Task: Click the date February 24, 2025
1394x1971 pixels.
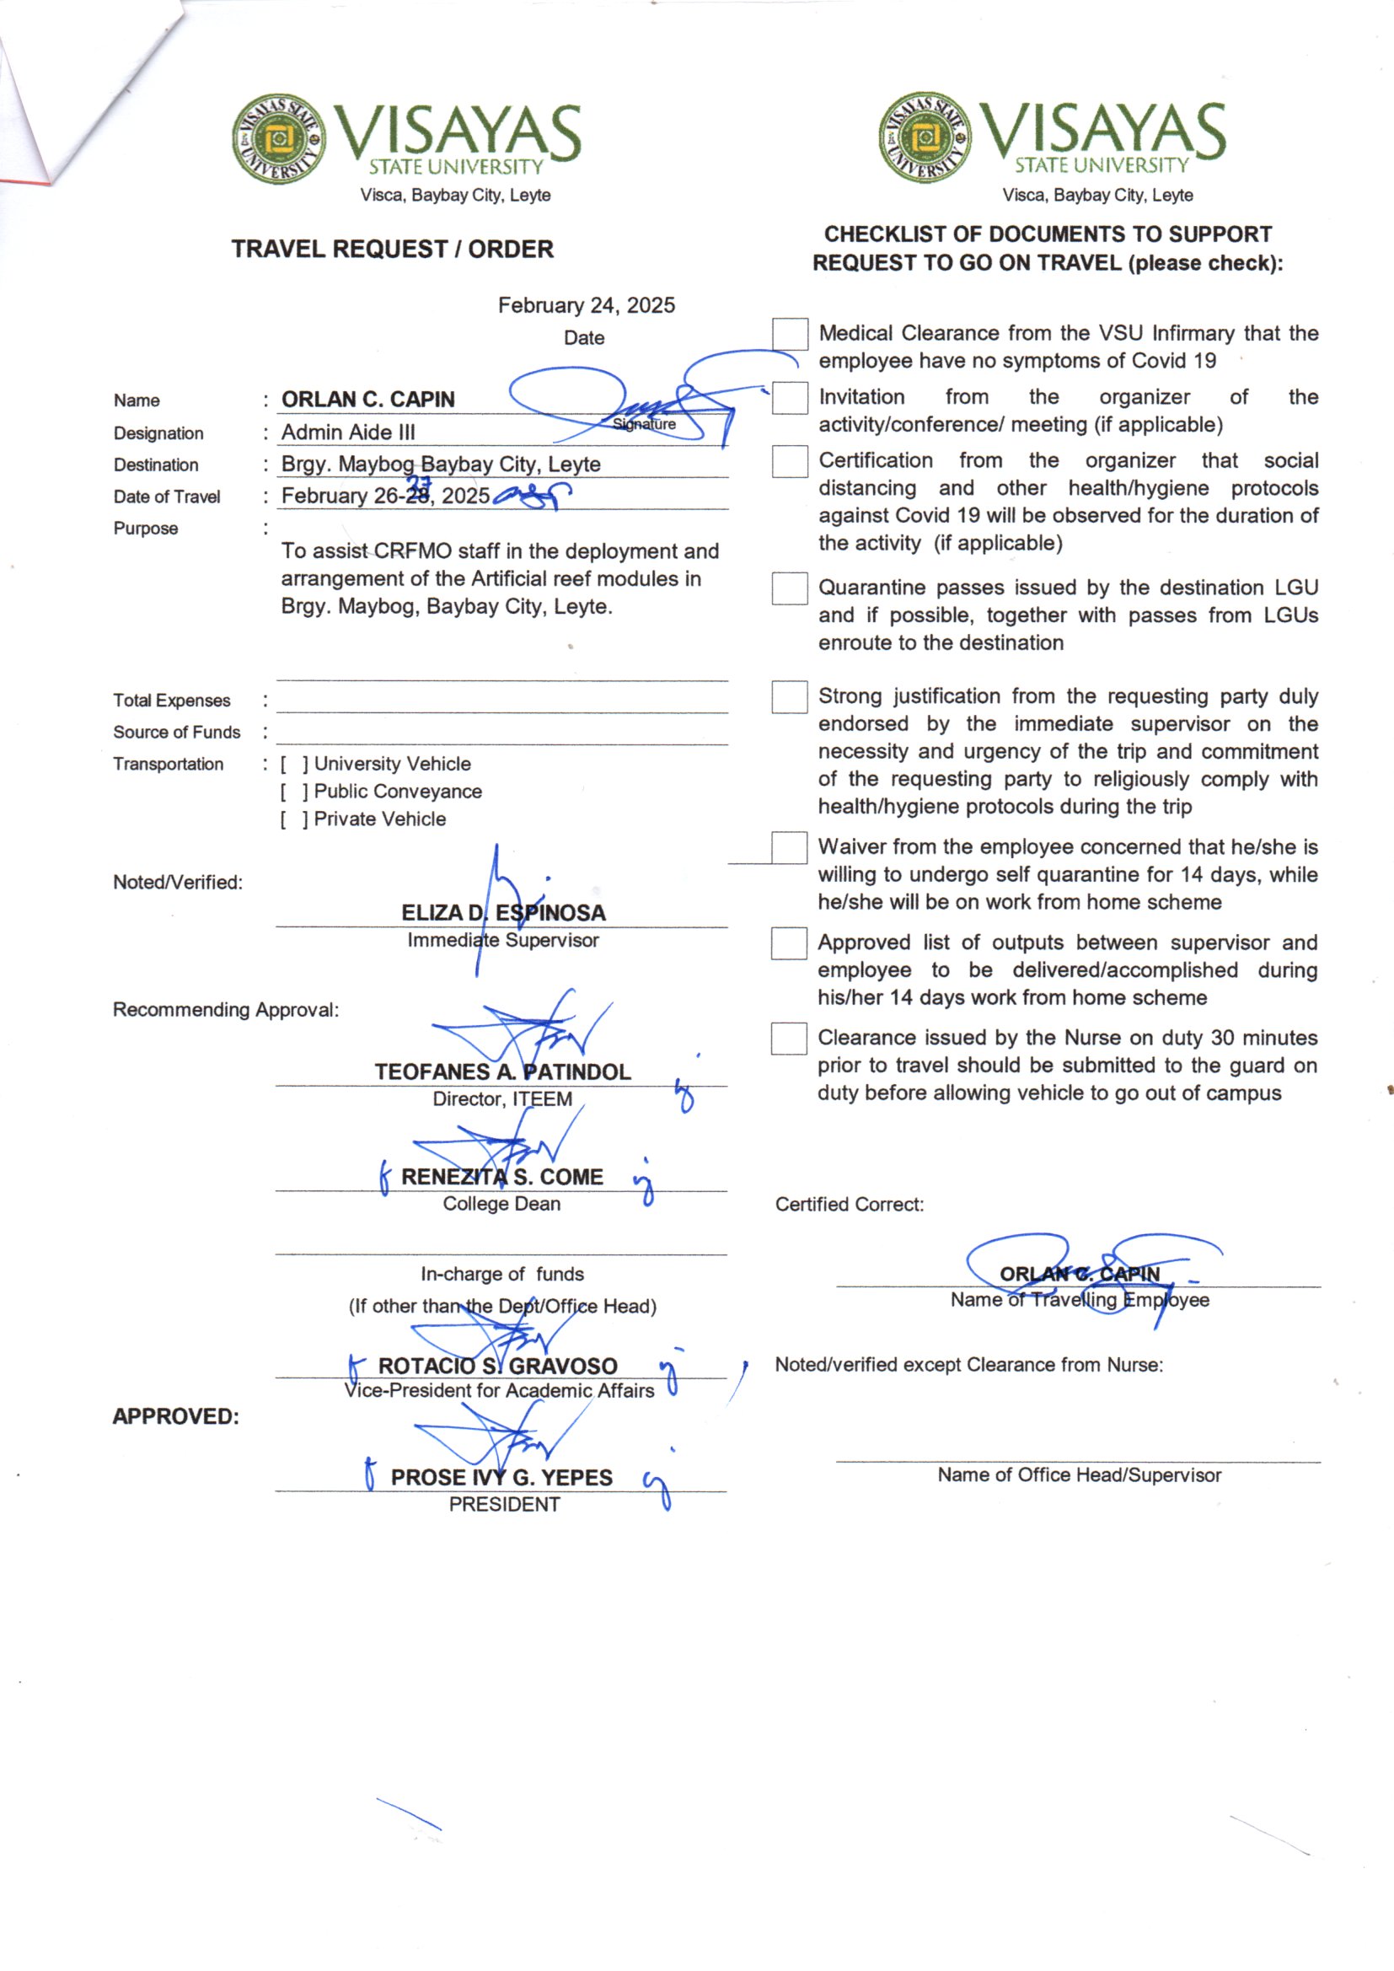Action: coord(587,306)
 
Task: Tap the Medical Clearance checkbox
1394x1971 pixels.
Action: coord(789,335)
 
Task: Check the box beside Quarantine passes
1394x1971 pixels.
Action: coord(789,589)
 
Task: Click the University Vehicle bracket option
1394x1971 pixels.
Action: coord(292,764)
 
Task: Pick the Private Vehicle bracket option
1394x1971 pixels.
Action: coord(292,819)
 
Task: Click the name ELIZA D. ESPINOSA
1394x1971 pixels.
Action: coord(503,912)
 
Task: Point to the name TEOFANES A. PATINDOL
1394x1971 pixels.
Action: coord(502,1071)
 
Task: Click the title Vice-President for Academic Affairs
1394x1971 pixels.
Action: coord(500,1391)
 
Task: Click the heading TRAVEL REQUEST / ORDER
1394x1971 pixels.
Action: coord(392,249)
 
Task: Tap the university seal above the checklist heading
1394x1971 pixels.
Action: coord(925,138)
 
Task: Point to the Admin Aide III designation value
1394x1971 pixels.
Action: coord(347,432)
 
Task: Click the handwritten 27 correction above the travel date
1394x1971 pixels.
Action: coord(418,482)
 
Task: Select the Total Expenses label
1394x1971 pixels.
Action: coord(172,701)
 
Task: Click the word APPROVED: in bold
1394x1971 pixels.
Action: coord(176,1416)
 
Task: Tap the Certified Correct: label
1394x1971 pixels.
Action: coord(849,1205)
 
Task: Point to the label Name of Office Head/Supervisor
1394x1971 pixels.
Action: coord(1078,1474)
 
